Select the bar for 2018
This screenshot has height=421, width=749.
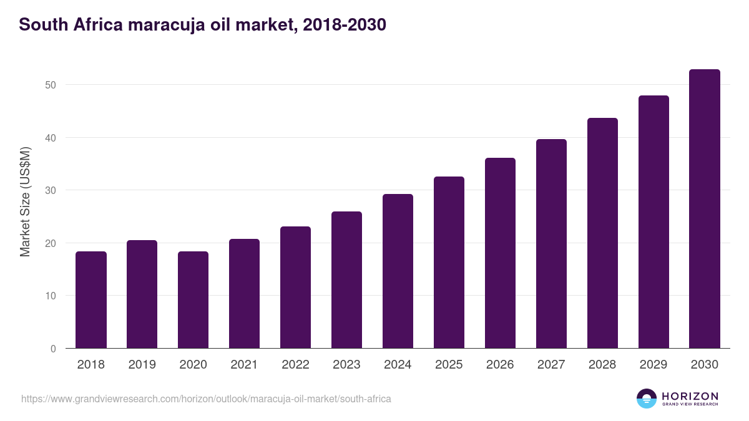pyautogui.click(x=91, y=300)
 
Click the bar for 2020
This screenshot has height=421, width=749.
pyautogui.click(x=193, y=300)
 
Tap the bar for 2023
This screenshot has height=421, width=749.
pyautogui.click(x=346, y=280)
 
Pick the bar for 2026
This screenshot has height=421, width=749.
pyautogui.click(x=500, y=253)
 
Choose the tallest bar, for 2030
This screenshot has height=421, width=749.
pyautogui.click(x=705, y=209)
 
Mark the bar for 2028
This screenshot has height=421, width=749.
pyautogui.click(x=602, y=233)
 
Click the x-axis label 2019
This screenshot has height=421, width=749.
pyautogui.click(x=142, y=365)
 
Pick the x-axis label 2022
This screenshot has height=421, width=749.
pyautogui.click(x=295, y=365)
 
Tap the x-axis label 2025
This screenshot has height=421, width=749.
pyautogui.click(x=449, y=365)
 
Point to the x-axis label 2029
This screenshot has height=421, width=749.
pyautogui.click(x=654, y=365)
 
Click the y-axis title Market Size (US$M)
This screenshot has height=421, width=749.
pyautogui.click(x=25, y=202)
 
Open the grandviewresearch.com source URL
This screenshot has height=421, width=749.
pyautogui.click(x=206, y=399)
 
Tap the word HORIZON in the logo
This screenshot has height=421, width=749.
pyautogui.click(x=690, y=396)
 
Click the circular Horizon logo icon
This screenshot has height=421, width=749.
pyautogui.click(x=647, y=399)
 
